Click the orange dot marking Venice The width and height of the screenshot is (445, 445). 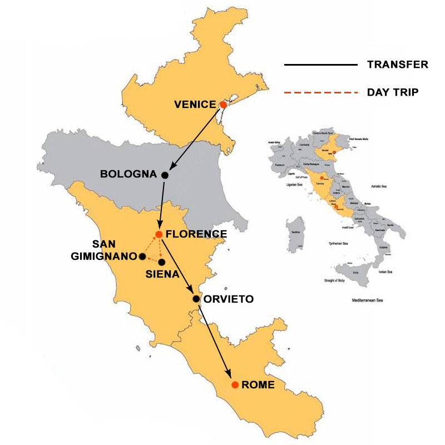tap(223, 105)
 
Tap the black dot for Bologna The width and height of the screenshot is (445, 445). tap(165, 175)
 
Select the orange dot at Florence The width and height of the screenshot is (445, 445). tap(159, 234)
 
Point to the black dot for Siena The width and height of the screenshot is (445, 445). tap(161, 261)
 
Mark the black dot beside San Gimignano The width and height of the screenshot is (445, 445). tap(142, 256)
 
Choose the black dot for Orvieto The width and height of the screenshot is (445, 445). tap(196, 299)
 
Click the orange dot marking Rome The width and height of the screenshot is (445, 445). tap(235, 384)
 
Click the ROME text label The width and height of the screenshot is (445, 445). tap(258, 384)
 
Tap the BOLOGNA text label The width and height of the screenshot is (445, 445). tap(128, 175)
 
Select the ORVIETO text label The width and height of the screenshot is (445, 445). tap(228, 299)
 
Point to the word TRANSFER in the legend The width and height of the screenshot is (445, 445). tap(397, 65)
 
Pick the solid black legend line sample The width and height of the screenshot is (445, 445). tap(320, 65)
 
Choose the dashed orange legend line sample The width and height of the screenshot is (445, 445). tap(320, 92)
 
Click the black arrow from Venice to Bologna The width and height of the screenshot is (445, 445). tap(195, 139)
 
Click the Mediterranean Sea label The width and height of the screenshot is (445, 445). tap(364, 301)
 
